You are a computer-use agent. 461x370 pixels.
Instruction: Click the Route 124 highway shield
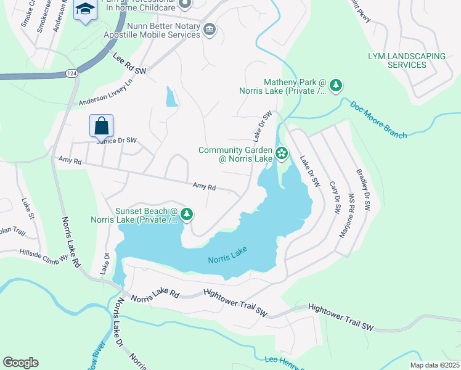point(71,74)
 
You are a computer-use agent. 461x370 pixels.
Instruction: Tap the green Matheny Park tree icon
point(336,85)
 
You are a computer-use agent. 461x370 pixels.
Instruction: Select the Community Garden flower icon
point(282,153)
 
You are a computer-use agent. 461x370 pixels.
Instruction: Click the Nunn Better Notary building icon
point(209,30)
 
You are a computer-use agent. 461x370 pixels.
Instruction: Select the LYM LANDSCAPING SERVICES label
point(407,60)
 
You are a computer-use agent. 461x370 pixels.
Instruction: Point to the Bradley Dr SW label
point(361,190)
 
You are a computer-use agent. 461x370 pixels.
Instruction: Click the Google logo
point(20,363)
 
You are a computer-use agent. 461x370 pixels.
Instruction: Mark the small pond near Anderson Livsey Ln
point(171,96)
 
